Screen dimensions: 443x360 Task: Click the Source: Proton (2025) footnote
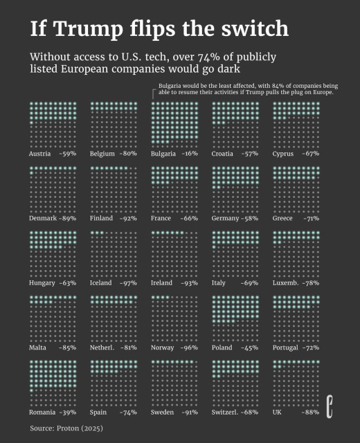(66, 428)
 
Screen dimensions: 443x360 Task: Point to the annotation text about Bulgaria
(246, 89)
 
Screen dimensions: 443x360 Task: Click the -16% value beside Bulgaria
(189, 154)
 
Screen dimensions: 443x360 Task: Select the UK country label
(277, 413)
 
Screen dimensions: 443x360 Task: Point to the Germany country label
(226, 219)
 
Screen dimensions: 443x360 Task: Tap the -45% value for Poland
(249, 347)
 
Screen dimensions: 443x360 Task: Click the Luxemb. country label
(287, 283)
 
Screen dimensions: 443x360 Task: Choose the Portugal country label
(287, 347)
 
